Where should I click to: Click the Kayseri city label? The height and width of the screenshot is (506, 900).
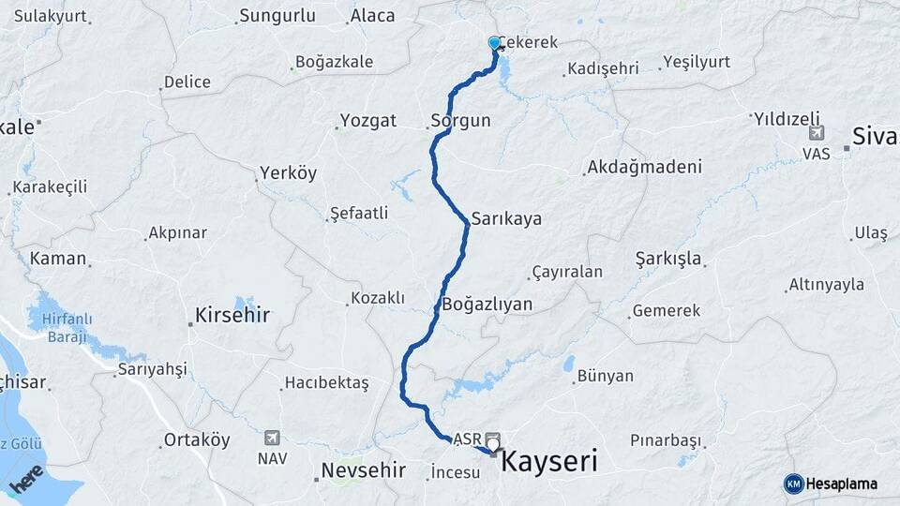click(x=549, y=461)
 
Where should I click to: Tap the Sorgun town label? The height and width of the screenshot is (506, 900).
click(x=460, y=120)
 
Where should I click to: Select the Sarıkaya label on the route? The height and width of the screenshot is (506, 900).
click(x=506, y=218)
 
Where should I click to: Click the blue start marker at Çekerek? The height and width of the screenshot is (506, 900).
click(x=494, y=43)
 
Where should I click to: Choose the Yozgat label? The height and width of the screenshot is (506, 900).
click(x=368, y=120)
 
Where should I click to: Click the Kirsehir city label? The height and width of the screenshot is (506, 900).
click(x=232, y=315)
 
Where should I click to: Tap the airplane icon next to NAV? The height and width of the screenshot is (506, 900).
click(x=272, y=438)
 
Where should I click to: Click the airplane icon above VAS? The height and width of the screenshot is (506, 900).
click(x=816, y=134)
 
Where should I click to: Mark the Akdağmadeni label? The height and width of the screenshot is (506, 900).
click(x=644, y=168)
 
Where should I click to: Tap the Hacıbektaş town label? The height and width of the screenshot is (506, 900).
click(x=326, y=382)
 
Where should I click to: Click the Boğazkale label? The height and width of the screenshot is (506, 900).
click(x=334, y=62)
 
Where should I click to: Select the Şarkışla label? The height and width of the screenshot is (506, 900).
click(x=668, y=258)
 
